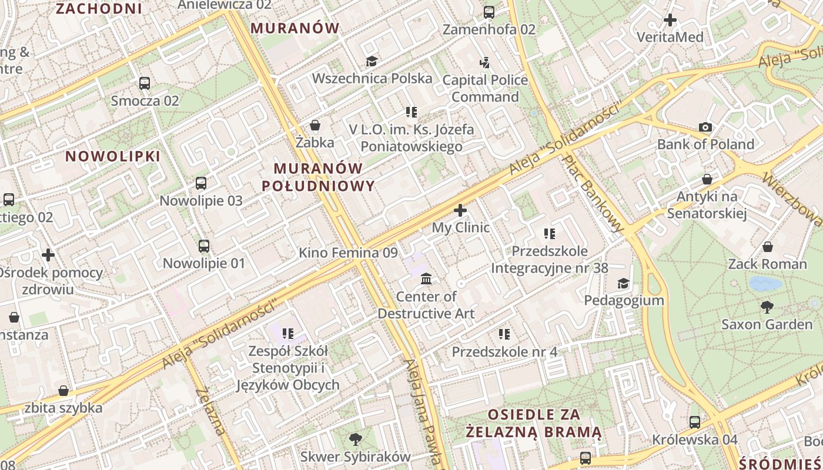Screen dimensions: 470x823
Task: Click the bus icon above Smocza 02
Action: [145, 83]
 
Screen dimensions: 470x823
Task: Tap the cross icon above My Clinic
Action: [460, 210]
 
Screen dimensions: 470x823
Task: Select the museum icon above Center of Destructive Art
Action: [426, 278]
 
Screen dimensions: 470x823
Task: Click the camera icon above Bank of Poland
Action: [705, 127]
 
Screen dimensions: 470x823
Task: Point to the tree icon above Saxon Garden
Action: [767, 307]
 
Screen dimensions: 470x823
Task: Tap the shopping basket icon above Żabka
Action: [315, 125]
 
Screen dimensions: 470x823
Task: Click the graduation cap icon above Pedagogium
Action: [623, 284]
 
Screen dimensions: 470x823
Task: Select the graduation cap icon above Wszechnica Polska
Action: [372, 61]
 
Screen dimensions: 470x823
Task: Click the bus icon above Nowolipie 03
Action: [201, 183]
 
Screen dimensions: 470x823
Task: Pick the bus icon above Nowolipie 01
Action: [204, 246]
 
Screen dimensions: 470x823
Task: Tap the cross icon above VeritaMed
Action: [670, 21]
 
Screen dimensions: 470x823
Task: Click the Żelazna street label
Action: [211, 411]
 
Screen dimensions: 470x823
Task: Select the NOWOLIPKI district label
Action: [112, 156]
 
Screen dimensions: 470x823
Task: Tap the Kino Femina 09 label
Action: [348, 253]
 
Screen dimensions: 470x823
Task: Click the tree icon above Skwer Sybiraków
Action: [355, 439]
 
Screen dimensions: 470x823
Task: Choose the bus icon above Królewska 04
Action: [695, 422]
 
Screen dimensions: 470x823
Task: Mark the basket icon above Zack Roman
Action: [767, 247]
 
